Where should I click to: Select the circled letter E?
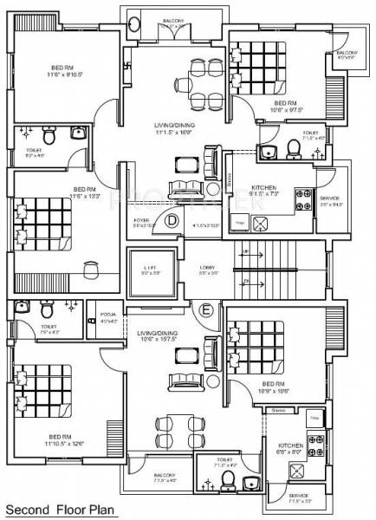pos(205,309)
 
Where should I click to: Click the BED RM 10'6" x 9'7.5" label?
pos(261,106)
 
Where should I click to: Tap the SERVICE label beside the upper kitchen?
pos(330,200)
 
